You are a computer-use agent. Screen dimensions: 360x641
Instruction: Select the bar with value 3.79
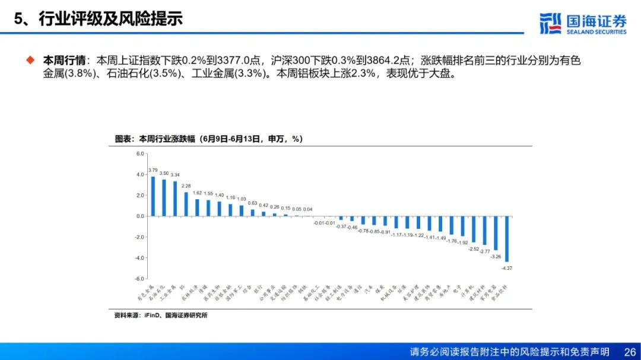(153, 196)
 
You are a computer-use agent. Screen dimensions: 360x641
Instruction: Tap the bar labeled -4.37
(506, 239)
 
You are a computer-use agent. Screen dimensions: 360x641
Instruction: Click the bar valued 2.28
(186, 204)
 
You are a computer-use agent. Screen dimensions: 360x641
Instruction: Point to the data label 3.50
(164, 173)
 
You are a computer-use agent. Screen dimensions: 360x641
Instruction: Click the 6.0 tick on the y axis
(140, 154)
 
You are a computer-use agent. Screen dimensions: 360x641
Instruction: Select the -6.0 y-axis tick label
(139, 279)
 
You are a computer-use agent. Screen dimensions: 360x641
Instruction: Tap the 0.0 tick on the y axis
(140, 216)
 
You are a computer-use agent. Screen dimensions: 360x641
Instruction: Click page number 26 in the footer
(630, 352)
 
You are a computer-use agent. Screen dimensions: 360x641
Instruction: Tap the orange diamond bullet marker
(30, 60)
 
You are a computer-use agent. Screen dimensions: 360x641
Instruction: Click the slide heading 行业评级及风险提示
(110, 18)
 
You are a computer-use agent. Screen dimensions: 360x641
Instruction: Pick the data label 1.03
(242, 199)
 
